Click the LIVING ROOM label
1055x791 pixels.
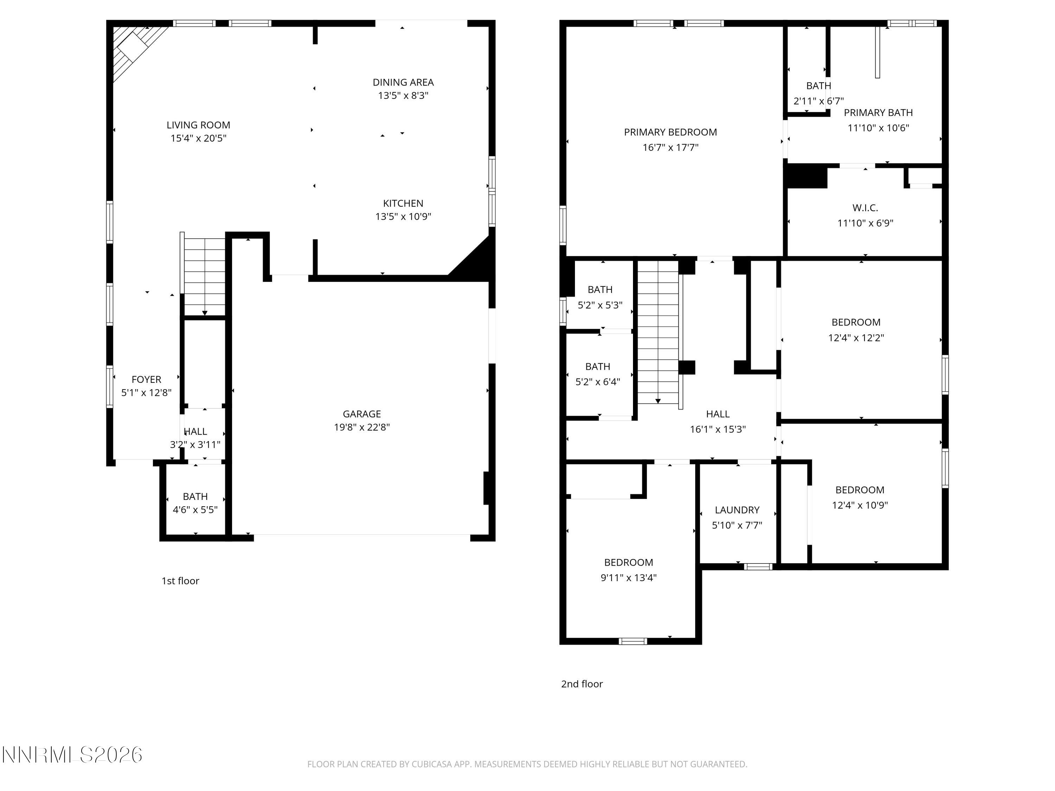pyautogui.click(x=198, y=125)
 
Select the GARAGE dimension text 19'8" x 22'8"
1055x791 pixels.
pyautogui.click(x=362, y=427)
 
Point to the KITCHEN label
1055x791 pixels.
pyautogui.click(x=403, y=204)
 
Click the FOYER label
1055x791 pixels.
pyautogui.click(x=146, y=380)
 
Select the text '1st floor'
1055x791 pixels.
pyautogui.click(x=180, y=581)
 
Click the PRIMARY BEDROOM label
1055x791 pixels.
pyautogui.click(x=670, y=132)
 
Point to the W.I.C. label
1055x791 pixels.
pyautogui.click(x=865, y=208)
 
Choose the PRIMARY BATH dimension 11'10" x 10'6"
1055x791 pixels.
pyautogui.click(x=878, y=128)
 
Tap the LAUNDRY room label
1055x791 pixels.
pyautogui.click(x=737, y=510)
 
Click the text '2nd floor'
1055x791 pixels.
pyautogui.click(x=582, y=684)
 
